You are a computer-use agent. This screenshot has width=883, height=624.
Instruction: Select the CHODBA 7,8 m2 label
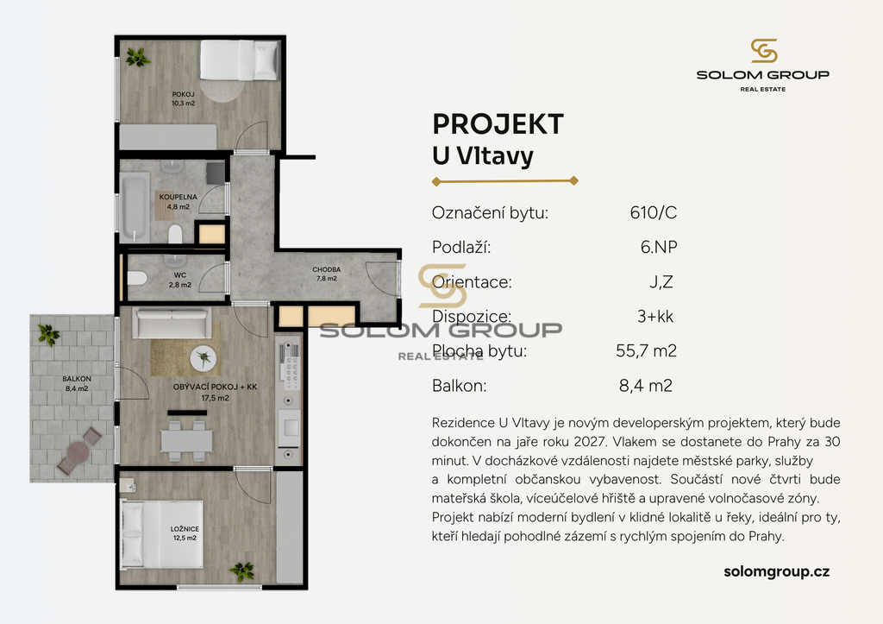[327, 274]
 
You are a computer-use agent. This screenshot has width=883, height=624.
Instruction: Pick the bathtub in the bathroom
[135, 206]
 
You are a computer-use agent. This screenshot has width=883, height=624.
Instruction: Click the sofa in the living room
[172, 323]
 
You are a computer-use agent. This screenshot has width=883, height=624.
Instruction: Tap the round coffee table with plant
[204, 358]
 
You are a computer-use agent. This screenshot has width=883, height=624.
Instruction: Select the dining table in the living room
[186, 441]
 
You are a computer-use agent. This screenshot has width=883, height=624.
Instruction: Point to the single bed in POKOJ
[240, 60]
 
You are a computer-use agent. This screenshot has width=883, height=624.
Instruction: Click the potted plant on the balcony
[48, 334]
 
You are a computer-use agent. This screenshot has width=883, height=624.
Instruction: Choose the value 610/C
[654, 212]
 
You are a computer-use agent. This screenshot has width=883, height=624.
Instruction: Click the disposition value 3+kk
[655, 316]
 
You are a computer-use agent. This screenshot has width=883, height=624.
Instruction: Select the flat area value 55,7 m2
[646, 350]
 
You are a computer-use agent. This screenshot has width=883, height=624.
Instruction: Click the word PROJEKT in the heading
[498, 124]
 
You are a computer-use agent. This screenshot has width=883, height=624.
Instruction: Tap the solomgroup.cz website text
[777, 571]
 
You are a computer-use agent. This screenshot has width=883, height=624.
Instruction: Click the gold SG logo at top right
[764, 51]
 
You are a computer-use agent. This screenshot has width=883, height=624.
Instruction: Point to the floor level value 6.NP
[658, 247]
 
